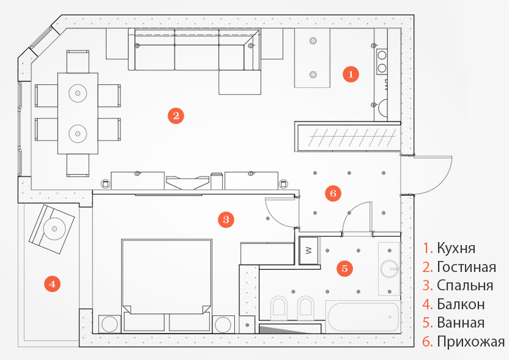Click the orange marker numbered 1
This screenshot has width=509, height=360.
350,74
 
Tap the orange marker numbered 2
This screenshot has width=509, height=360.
176,116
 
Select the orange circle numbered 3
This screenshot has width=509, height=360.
226,218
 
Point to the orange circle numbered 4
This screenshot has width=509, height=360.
53,284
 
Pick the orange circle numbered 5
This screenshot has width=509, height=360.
345,268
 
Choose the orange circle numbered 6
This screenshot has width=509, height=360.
333,194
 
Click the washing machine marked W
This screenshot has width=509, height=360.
308,250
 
